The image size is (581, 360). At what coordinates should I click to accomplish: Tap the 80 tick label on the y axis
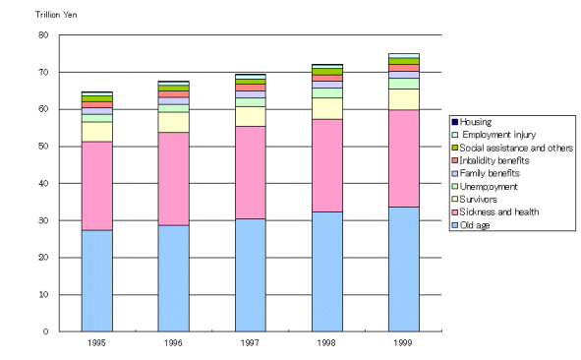click(41, 35)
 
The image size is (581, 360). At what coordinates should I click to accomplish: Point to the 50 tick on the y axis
click(41, 147)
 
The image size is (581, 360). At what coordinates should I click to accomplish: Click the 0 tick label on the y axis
click(44, 331)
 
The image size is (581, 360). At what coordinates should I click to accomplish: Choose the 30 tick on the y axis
click(41, 220)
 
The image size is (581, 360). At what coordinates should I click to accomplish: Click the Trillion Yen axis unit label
click(43, 16)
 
